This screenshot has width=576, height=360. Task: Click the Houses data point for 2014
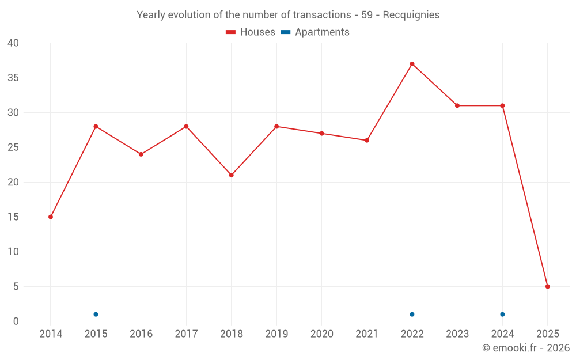click(x=51, y=217)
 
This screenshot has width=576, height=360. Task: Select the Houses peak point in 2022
click(x=412, y=64)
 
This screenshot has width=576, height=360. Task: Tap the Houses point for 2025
click(x=548, y=286)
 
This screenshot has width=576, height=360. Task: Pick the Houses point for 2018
click(x=232, y=175)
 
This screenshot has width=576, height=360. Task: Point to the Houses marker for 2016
click(x=141, y=154)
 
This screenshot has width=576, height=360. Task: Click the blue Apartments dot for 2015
click(x=96, y=314)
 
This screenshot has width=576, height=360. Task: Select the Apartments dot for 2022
click(x=412, y=314)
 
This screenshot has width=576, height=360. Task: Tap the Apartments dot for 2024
click(x=502, y=314)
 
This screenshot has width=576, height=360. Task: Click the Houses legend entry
click(x=251, y=32)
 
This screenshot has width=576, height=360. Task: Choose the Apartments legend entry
click(x=315, y=32)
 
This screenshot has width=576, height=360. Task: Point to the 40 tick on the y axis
click(x=13, y=43)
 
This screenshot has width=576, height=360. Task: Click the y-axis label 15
click(x=13, y=217)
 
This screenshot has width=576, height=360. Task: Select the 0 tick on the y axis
click(x=16, y=321)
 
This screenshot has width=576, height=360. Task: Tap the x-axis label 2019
click(x=276, y=334)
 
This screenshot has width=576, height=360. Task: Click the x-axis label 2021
click(x=367, y=334)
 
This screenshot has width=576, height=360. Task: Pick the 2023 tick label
click(x=457, y=334)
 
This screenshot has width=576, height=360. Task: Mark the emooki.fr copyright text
click(x=526, y=348)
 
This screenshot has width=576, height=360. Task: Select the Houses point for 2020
click(x=322, y=134)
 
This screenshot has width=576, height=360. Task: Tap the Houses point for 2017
click(x=186, y=127)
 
